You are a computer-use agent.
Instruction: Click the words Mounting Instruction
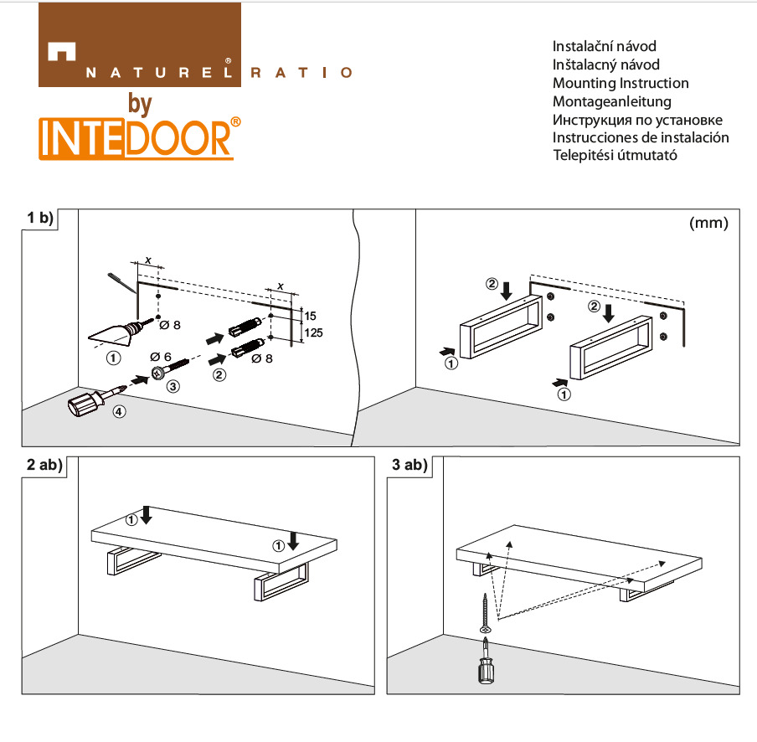[621, 83]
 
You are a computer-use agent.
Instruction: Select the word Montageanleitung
[612, 101]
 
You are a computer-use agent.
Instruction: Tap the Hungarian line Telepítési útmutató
[615, 155]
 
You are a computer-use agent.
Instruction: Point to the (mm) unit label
[708, 224]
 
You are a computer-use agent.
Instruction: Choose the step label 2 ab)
[44, 466]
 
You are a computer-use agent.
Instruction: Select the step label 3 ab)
[409, 466]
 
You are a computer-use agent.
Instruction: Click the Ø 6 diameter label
[162, 357]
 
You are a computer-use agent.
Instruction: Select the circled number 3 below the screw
[173, 387]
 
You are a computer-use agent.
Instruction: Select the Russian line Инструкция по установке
[637, 120]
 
